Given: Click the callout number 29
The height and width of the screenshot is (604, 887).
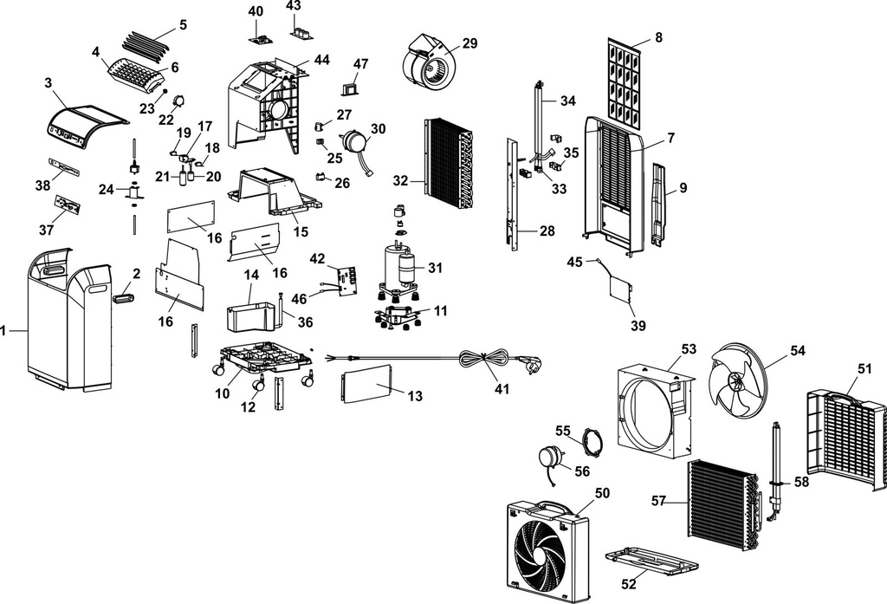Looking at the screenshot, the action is click(469, 43).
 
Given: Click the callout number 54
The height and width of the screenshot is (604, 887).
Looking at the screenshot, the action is click(797, 351).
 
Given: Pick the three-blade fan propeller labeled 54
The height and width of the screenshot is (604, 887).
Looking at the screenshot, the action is click(738, 382).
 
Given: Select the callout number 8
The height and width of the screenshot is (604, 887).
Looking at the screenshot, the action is click(658, 37).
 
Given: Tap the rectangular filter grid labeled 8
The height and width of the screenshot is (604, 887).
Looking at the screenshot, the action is click(625, 83).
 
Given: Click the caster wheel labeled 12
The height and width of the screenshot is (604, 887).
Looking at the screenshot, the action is click(257, 384).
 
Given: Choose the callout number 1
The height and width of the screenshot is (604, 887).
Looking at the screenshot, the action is click(3, 330).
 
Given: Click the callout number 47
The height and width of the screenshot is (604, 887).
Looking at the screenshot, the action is click(361, 64).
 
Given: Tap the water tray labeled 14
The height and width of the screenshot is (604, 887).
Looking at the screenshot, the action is click(249, 317).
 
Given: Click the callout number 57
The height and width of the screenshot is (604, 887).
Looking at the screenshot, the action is click(658, 501).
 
